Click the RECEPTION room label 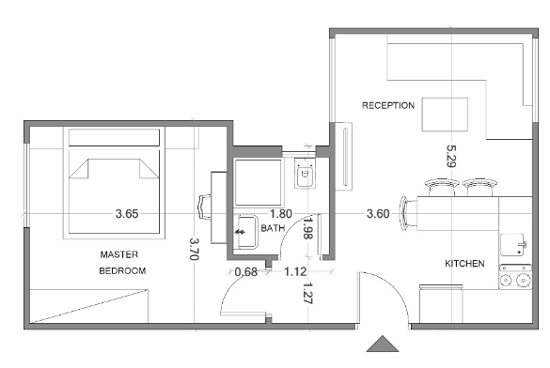tap(388, 105)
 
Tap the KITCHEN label tap(464, 263)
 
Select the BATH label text tap(273, 228)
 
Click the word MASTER tap(118, 254)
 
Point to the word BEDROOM tap(122, 270)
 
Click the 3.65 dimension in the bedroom tap(127, 214)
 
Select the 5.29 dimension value tap(451, 156)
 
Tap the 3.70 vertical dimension tap(195, 250)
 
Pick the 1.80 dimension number tap(280, 214)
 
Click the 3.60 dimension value tap(378, 214)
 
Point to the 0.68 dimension tap(245, 271)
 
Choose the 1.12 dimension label tap(295, 271)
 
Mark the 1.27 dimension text tap(307, 293)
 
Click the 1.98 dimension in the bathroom tap(307, 228)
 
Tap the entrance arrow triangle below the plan tap(383, 344)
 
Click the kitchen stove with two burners tap(515, 277)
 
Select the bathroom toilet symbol tap(305, 174)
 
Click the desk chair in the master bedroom tap(205, 207)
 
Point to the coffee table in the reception tap(445, 115)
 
